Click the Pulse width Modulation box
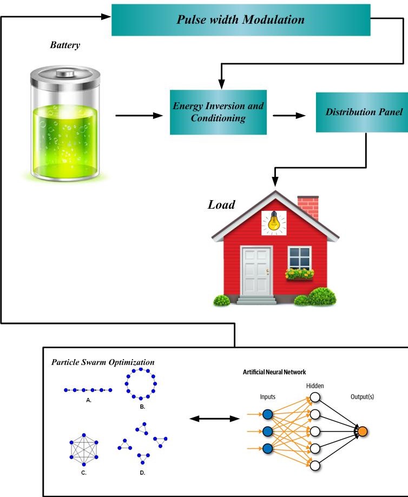(241, 21)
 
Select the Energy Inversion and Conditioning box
(218, 112)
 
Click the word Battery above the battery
(65, 45)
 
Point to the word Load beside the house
(222, 205)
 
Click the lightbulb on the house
(274, 222)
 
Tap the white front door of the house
(256, 270)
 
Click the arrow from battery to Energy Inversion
(139, 115)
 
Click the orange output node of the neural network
(363, 431)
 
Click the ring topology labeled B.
(141, 383)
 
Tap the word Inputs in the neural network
(267, 397)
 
